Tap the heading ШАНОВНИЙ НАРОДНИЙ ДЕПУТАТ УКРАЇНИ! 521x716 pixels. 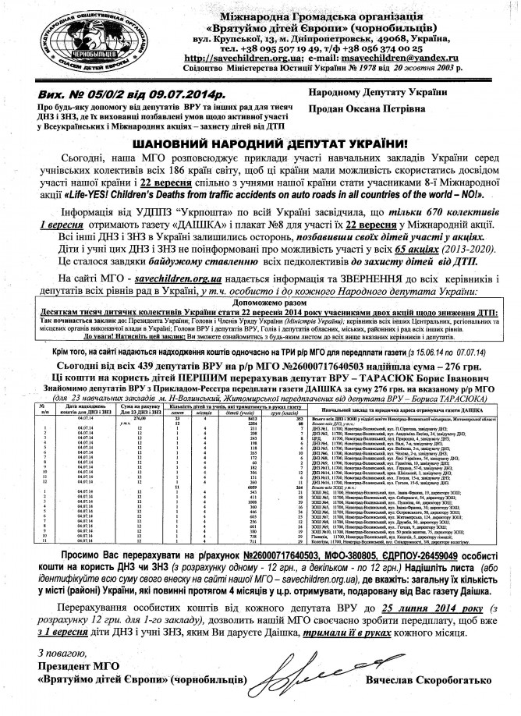[260, 145]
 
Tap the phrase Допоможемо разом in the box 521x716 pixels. [260, 302]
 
